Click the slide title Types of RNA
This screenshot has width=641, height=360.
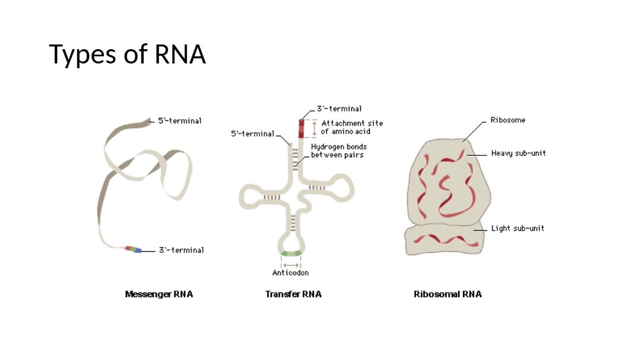127,54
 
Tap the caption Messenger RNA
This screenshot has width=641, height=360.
158,294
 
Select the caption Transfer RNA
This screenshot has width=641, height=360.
293,294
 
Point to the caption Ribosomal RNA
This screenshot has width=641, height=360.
448,294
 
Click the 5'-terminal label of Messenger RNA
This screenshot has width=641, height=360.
179,121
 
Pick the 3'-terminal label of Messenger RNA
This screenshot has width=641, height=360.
181,250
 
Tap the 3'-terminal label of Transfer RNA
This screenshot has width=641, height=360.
339,109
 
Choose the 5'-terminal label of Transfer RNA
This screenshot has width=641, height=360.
253,133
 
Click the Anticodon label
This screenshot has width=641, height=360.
290,273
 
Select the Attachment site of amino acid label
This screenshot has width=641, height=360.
352,127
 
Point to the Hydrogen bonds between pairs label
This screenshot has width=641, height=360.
339,151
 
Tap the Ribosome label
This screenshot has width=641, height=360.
507,120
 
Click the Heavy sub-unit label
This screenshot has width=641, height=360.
518,153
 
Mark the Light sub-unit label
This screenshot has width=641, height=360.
517,228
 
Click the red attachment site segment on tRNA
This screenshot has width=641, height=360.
301,128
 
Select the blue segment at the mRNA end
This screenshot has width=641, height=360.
138,251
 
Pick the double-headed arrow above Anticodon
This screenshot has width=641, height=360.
291,265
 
